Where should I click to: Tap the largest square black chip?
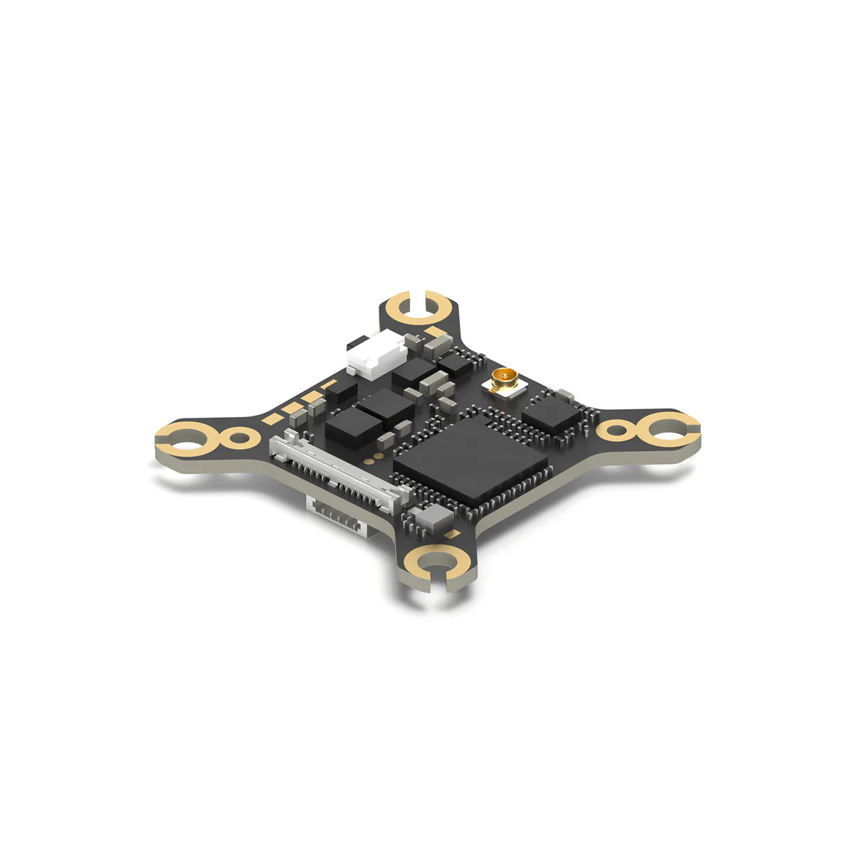[470, 458]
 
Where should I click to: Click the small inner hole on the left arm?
[240, 436]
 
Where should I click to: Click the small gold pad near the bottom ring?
[450, 533]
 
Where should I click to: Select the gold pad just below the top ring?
[434, 332]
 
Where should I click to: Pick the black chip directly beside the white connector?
[413, 370]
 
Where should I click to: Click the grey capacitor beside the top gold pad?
[436, 347]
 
